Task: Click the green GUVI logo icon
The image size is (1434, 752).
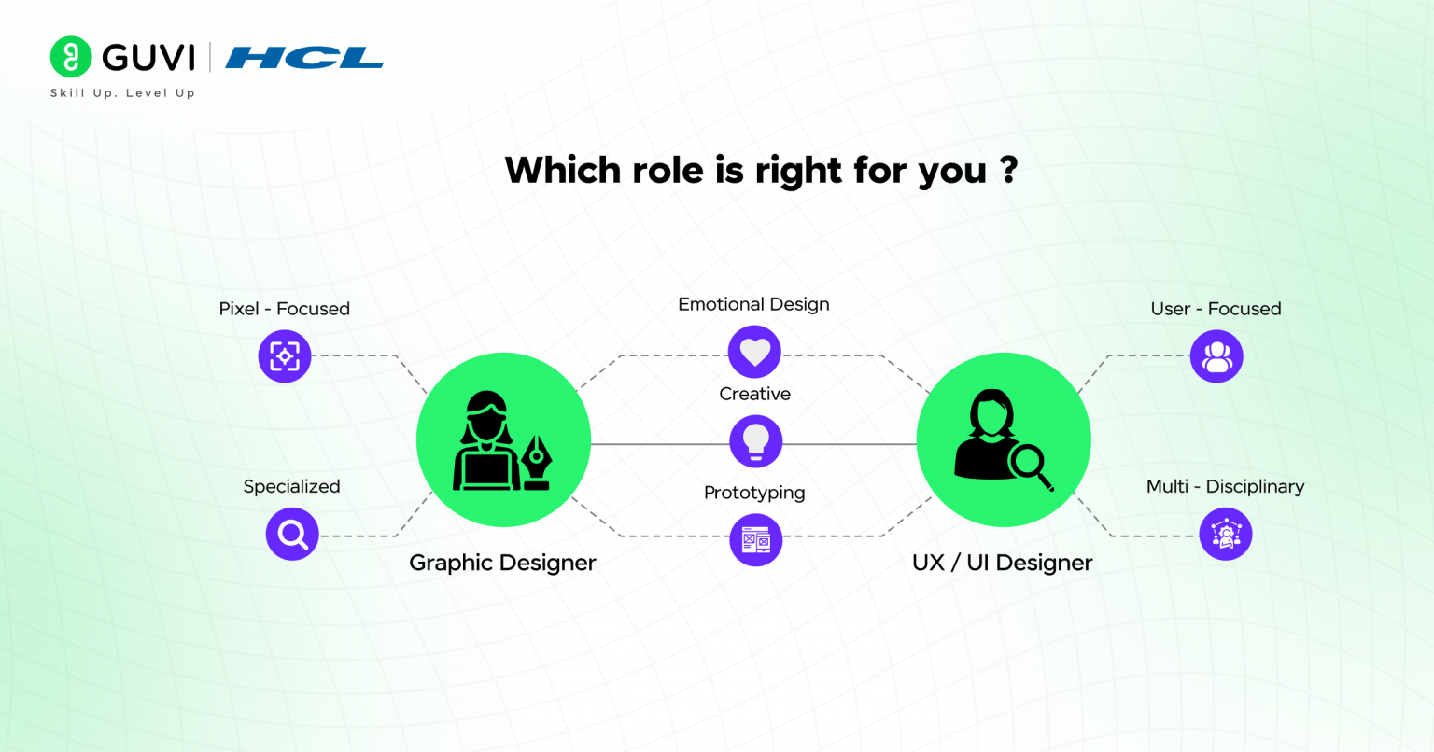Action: click(71, 57)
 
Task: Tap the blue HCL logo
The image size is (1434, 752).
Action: click(304, 58)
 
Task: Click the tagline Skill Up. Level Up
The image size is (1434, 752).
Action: click(122, 93)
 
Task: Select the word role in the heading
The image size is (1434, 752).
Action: click(662, 171)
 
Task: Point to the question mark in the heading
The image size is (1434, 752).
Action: click(1008, 170)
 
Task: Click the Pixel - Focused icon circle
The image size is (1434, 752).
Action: click(285, 356)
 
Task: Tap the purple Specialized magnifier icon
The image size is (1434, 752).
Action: click(292, 535)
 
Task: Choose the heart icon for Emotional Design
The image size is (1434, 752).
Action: click(754, 353)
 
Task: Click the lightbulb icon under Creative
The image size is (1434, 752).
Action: click(754, 440)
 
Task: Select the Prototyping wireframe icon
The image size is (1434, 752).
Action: click(754, 539)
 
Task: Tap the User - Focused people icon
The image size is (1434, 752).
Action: click(1216, 356)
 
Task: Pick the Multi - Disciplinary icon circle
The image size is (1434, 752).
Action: click(1225, 535)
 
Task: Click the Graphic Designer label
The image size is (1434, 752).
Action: click(502, 563)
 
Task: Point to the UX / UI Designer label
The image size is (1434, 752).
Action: click(1002, 563)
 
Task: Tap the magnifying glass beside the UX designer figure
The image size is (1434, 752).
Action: click(1031, 465)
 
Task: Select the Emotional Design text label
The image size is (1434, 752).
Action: click(753, 304)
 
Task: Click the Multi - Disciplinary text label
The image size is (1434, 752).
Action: click(1225, 486)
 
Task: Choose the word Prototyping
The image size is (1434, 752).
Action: click(754, 493)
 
